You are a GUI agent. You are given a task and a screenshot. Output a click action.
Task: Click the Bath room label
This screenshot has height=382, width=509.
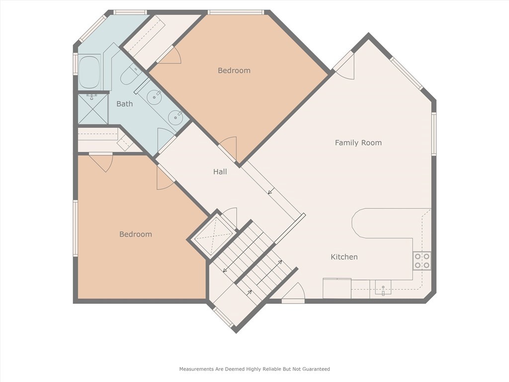tap(124, 104)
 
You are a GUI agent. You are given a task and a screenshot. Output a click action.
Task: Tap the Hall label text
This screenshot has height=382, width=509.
tap(220, 172)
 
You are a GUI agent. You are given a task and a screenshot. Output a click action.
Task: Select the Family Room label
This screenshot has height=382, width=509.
tap(358, 143)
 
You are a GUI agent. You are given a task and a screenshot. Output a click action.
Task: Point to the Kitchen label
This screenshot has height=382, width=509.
tap(344, 257)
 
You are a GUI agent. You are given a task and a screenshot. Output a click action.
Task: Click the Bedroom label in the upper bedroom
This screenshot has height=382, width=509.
tap(234, 71)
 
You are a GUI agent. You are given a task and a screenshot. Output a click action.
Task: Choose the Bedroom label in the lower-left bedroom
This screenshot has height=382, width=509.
tap(135, 234)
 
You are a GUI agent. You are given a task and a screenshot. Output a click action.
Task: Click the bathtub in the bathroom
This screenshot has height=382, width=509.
tap(90, 73)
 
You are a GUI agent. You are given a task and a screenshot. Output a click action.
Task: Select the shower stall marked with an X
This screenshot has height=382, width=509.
tap(93, 108)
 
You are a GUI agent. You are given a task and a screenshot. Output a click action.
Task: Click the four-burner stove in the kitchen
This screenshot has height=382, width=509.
tap(422, 261)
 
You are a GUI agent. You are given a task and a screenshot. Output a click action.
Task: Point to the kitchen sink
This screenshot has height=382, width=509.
tap(383, 288)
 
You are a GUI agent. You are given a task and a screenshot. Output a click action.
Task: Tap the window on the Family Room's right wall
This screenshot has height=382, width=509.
tap(433, 134)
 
